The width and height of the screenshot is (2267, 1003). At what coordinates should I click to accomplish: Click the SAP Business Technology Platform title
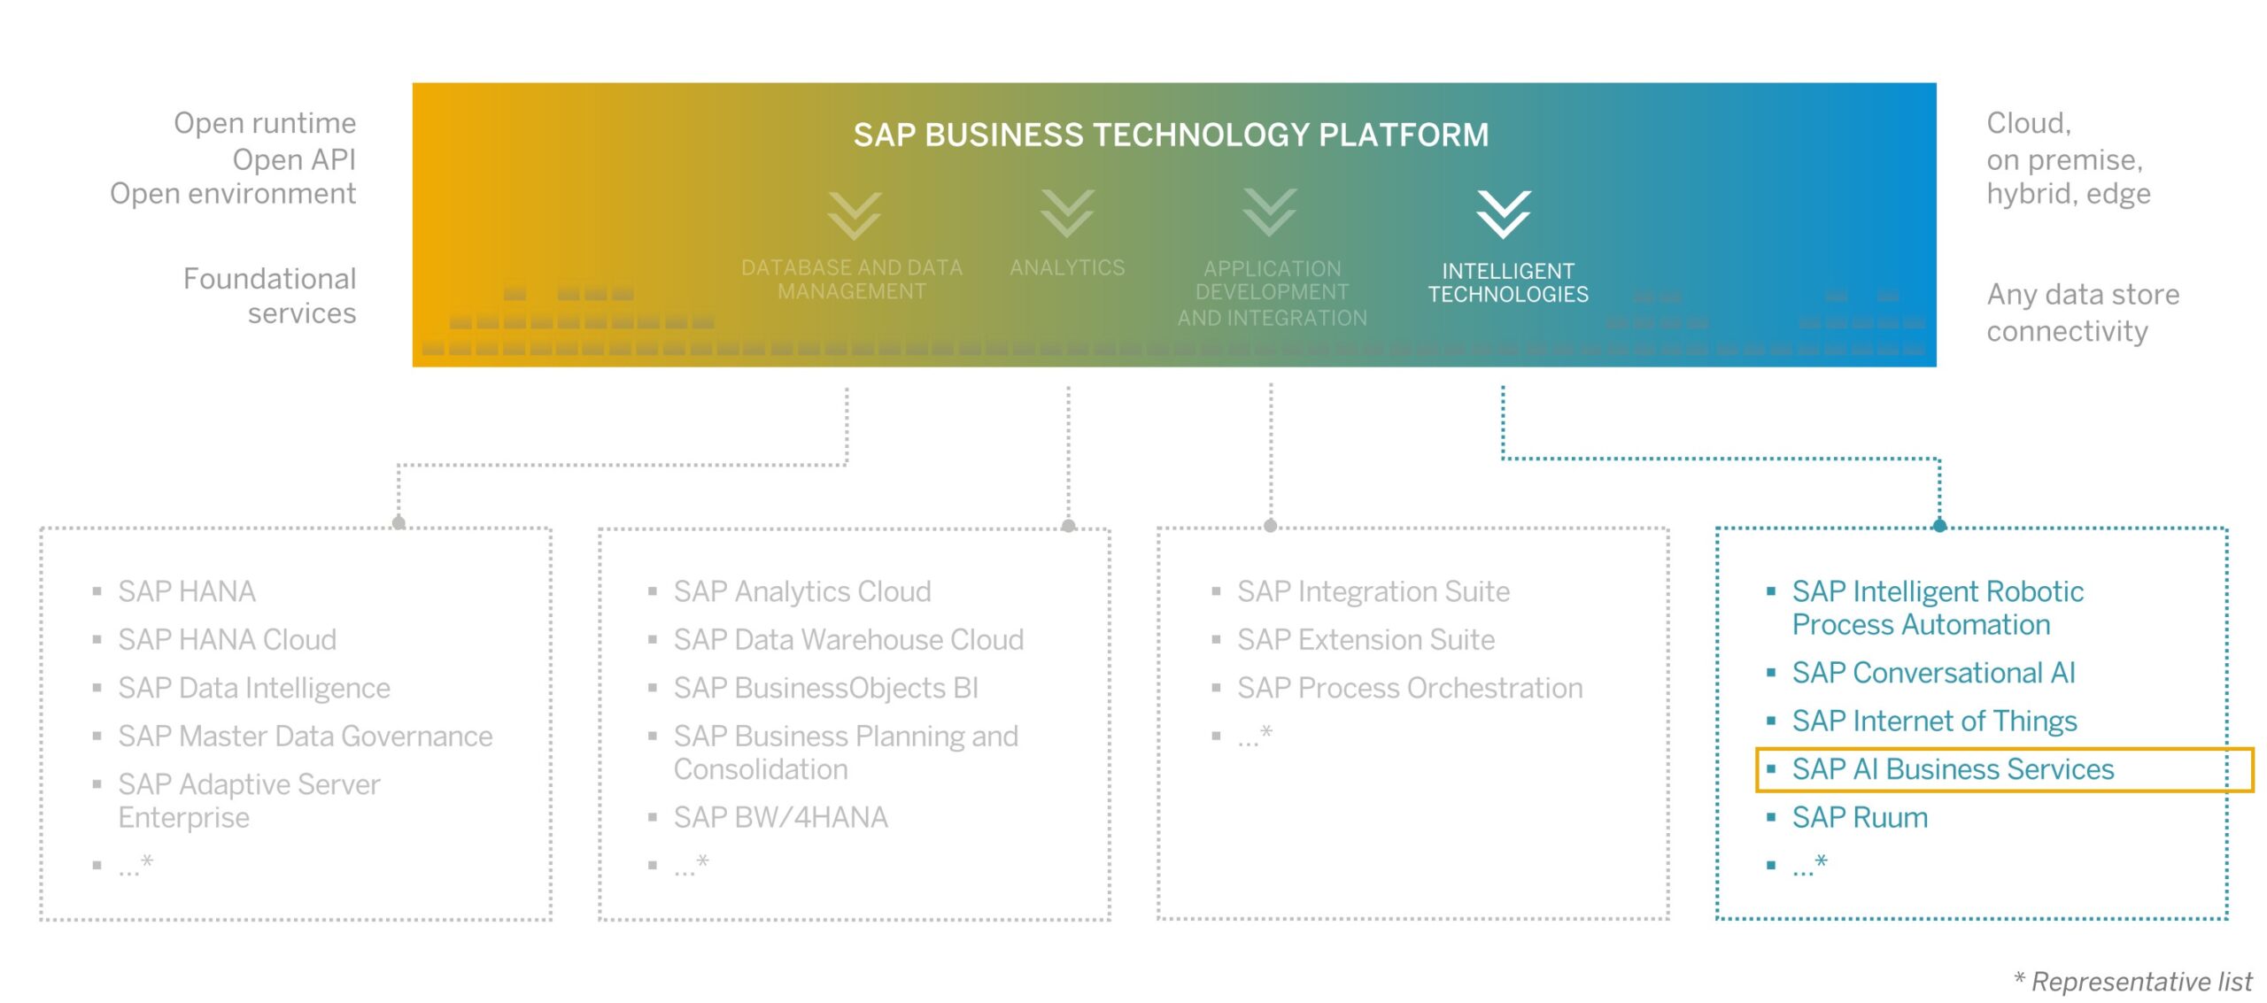click(1170, 135)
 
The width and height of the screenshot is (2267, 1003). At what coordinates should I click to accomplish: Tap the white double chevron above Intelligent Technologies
click(1503, 213)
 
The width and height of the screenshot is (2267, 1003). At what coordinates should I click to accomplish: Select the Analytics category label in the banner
click(1067, 267)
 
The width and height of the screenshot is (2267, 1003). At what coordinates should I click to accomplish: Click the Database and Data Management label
click(851, 279)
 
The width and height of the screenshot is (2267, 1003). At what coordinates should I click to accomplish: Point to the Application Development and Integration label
click(1272, 292)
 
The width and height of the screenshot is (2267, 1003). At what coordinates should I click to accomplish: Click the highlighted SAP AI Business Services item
click(1952, 769)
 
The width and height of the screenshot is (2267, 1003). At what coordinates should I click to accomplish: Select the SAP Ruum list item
click(1859, 817)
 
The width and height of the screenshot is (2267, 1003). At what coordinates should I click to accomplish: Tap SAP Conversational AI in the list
click(1933, 673)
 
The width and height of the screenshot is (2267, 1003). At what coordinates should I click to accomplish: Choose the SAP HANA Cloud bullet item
click(227, 639)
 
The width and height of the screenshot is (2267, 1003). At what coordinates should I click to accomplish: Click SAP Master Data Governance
click(305, 736)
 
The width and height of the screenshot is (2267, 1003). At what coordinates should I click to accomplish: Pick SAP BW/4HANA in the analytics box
click(779, 817)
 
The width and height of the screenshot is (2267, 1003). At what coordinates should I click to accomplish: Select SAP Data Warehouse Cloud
click(847, 639)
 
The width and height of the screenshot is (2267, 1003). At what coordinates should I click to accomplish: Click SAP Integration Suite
click(1373, 591)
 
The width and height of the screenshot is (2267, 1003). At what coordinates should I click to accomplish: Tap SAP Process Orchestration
click(1409, 688)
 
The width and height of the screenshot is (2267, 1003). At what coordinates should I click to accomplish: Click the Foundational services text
click(269, 296)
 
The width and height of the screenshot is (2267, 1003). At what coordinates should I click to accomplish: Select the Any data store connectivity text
click(2081, 312)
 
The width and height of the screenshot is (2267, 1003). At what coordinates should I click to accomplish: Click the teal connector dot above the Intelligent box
click(1939, 526)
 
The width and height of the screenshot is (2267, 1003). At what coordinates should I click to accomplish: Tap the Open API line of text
click(293, 159)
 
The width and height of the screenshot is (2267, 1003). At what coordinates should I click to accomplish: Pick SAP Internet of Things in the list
click(1934, 721)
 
